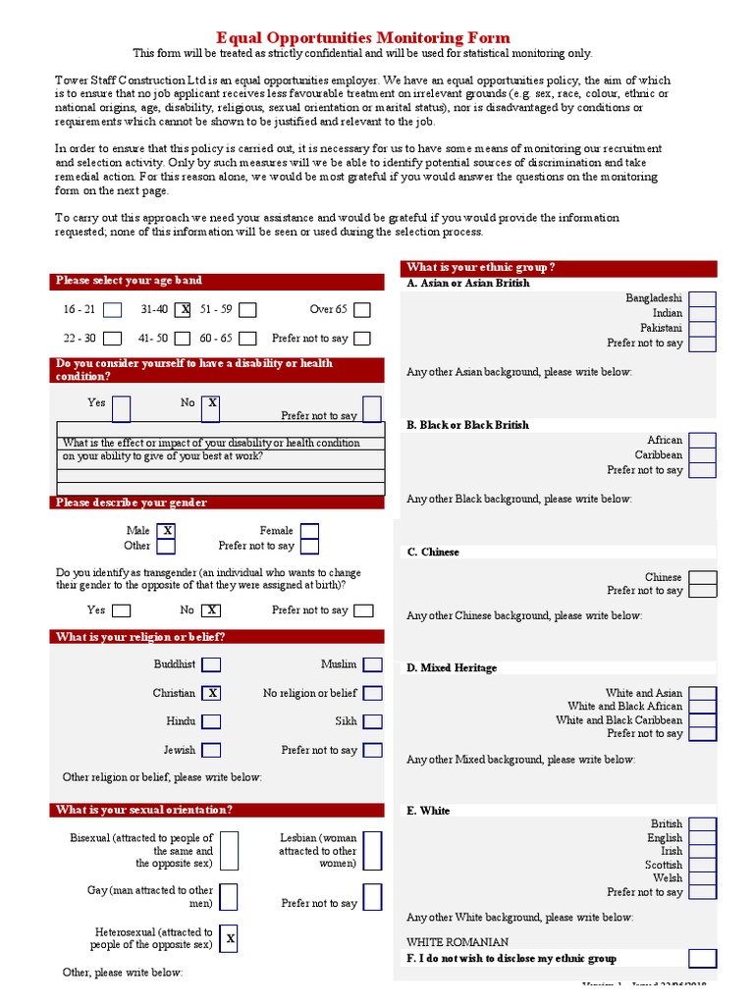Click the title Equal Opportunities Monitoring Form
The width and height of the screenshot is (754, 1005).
[376, 37]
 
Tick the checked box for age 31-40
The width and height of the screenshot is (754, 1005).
[184, 310]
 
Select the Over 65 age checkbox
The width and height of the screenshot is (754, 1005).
[362, 310]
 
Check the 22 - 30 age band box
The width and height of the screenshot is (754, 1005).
[113, 339]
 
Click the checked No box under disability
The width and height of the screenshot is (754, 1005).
[212, 403]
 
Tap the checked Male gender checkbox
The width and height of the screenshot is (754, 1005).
[167, 531]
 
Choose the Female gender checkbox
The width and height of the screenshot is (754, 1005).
[309, 531]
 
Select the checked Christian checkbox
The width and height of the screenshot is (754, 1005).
[211, 693]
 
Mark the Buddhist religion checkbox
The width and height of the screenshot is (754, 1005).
[211, 664]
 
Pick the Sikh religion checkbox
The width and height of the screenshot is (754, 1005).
[372, 721]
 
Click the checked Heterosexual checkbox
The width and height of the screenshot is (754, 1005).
[229, 939]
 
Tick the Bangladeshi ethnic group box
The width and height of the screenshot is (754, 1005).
[702, 298]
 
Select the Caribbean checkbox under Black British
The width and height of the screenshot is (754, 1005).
[702, 455]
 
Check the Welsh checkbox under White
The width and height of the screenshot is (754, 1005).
[702, 878]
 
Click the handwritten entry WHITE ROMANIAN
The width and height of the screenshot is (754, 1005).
[458, 942]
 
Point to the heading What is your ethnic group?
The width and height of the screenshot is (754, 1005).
[481, 268]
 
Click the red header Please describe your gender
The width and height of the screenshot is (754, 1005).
[132, 502]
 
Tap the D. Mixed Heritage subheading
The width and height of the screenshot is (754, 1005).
[452, 668]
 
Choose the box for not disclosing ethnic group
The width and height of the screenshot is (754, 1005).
[702, 959]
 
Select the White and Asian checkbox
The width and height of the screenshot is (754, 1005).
[702, 693]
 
